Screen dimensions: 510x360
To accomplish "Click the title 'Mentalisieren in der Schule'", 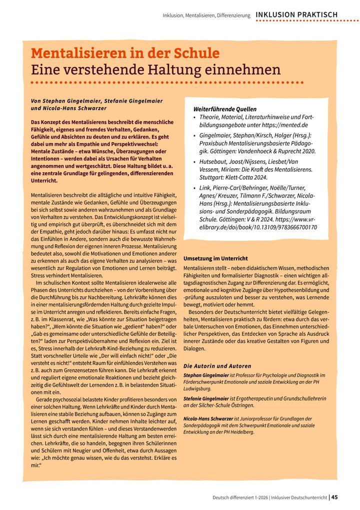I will (x=125, y=53).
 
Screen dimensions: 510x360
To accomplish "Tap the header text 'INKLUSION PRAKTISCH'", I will (x=296, y=15).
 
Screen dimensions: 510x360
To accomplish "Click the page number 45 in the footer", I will (x=334, y=497).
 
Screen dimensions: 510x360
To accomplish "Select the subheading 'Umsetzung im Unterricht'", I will (x=215, y=258).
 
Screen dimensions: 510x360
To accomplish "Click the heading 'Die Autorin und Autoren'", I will (x=217, y=366).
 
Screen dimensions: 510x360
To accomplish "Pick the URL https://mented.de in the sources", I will (x=284, y=125).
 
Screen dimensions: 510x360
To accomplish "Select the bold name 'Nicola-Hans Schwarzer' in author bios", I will (x=208, y=418).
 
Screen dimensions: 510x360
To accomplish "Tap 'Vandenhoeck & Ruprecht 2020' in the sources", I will (x=268, y=151).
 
